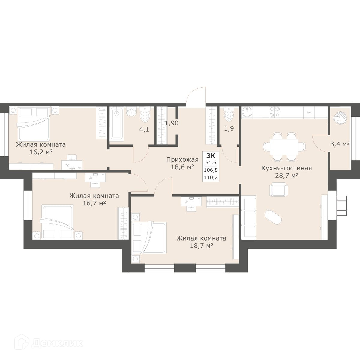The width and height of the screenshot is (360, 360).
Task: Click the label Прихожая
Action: click(182, 160)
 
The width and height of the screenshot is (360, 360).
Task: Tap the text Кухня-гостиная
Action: click(286, 168)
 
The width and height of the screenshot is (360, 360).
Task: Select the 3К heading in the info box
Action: click(211, 155)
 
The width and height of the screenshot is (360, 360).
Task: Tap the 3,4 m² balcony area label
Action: click(340, 144)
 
